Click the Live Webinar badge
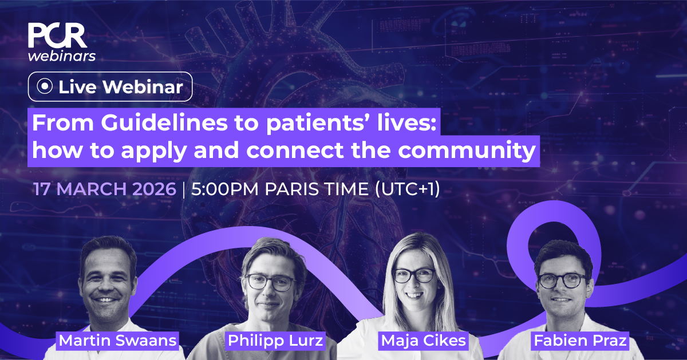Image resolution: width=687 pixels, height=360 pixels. point(110,87)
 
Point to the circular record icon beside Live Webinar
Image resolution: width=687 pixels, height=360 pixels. point(44,87)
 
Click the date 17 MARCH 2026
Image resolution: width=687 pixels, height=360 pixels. point(104,190)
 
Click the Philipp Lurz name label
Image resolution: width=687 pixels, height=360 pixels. point(275,341)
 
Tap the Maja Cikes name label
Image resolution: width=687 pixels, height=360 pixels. point(423,342)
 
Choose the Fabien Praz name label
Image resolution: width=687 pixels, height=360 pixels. point(579,342)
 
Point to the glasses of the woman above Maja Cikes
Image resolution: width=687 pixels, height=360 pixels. point(414,275)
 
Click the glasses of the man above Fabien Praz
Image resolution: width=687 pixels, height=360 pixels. point(562,280)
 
